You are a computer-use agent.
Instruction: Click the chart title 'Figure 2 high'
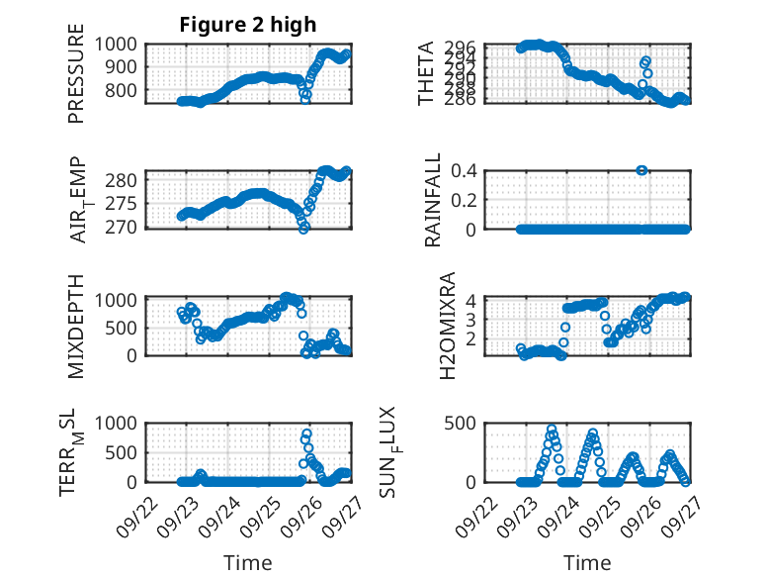coord(247,24)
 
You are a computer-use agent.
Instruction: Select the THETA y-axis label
coord(426,73)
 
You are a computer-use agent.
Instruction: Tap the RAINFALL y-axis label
coord(432,200)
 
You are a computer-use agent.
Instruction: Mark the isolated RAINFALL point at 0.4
coord(642,170)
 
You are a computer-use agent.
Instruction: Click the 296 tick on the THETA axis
coord(467,48)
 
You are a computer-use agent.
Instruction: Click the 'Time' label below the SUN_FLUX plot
coord(587,562)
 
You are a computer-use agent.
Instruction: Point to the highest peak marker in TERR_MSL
coord(306,433)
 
